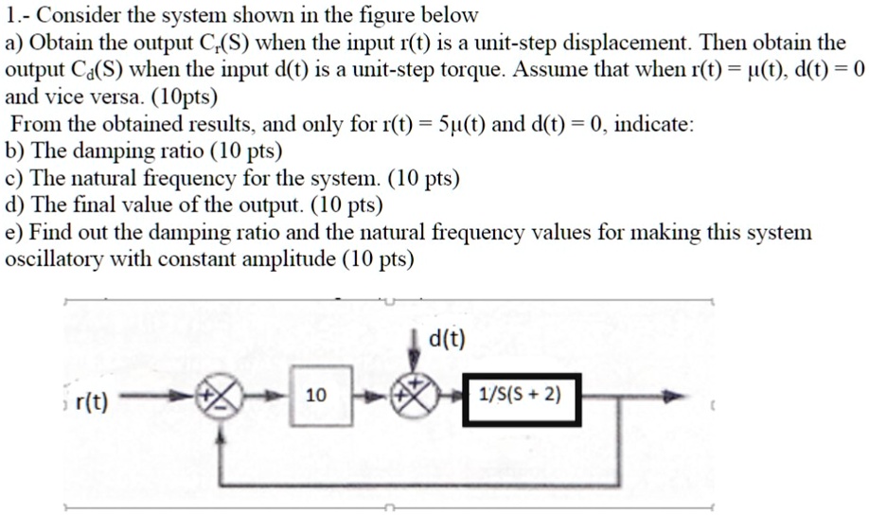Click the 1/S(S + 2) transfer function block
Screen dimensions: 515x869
518,395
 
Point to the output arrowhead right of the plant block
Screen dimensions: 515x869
674,398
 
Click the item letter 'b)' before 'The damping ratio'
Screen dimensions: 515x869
15,151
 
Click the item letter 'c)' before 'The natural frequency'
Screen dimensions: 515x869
14,178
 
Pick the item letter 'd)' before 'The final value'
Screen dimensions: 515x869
15,204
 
